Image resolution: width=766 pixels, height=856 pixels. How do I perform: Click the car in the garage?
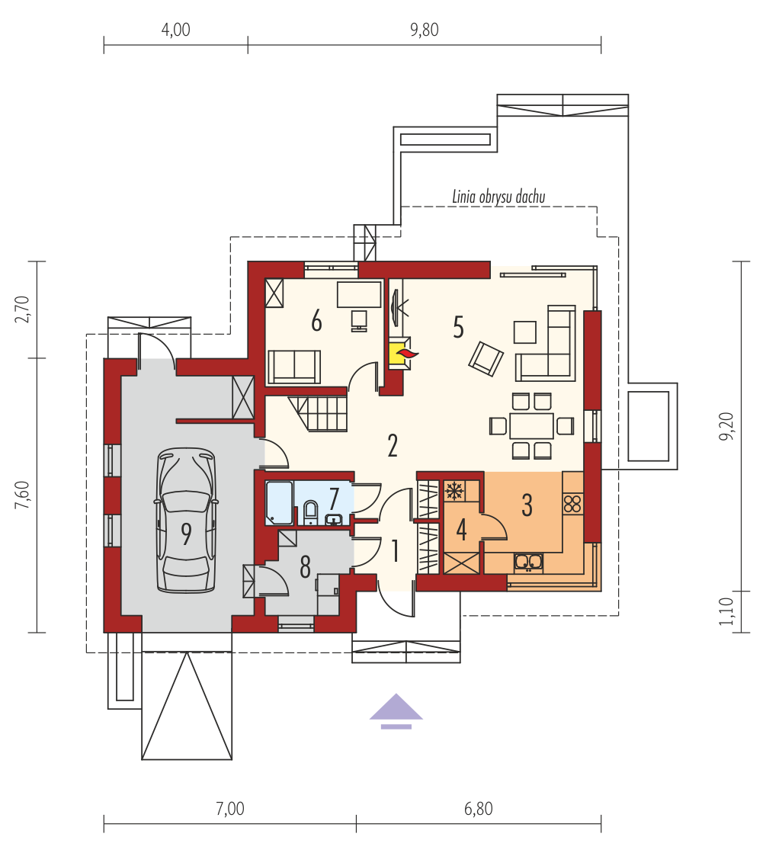(x=187, y=521)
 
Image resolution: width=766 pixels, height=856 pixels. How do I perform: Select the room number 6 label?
(x=316, y=321)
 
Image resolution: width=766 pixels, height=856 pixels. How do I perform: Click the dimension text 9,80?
(x=425, y=30)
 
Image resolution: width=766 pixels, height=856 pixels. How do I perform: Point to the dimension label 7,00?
(x=230, y=809)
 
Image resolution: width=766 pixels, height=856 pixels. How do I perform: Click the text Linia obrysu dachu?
(x=498, y=197)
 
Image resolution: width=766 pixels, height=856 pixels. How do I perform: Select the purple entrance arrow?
(x=396, y=711)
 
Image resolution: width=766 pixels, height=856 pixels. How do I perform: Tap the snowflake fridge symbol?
(x=454, y=491)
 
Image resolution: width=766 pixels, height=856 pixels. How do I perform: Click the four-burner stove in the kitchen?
(x=572, y=503)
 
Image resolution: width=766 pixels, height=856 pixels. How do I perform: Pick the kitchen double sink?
(x=528, y=563)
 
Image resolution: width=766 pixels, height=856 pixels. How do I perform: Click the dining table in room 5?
(x=532, y=426)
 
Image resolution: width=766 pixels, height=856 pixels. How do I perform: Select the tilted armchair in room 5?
(x=486, y=359)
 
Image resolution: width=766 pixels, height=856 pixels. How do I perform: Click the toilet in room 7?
(x=311, y=513)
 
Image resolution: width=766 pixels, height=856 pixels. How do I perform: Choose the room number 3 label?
(x=527, y=505)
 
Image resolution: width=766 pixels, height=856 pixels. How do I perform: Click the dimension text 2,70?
(x=22, y=309)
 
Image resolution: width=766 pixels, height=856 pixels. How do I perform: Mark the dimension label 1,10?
(x=726, y=611)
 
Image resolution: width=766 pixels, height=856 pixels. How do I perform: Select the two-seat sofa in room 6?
(x=293, y=367)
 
